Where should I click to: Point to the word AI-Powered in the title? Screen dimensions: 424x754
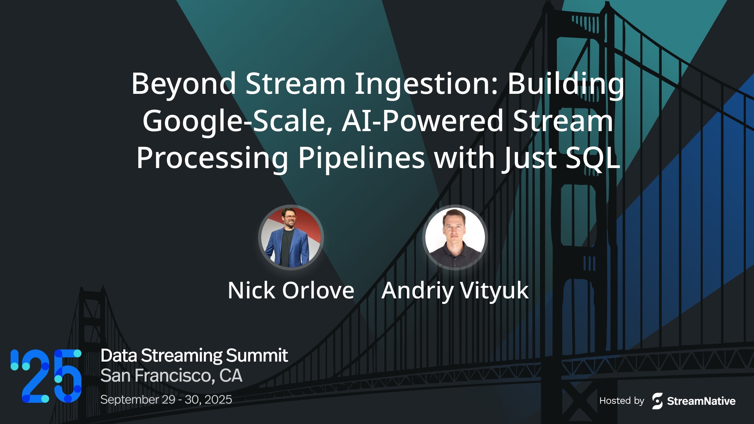[x=423, y=121]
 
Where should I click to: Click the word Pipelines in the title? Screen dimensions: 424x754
[x=361, y=158]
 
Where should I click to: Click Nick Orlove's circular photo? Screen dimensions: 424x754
[x=291, y=238]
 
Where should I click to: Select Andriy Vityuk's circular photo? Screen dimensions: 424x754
[x=455, y=238]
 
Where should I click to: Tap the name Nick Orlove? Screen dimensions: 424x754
[x=291, y=291]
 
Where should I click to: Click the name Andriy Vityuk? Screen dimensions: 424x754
[x=455, y=291]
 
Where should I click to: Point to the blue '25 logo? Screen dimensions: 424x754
[x=46, y=376]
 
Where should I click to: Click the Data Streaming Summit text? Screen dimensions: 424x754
[x=194, y=355]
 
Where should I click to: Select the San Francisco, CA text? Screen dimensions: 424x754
[x=171, y=376]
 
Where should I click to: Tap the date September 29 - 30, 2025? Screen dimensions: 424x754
[x=166, y=399]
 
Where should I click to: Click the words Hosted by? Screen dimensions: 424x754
[x=622, y=401]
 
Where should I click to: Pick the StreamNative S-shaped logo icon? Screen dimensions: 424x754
[x=657, y=401]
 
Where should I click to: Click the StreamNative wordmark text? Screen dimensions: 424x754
[x=701, y=401]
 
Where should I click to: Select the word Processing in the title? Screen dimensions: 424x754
[x=212, y=158]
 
